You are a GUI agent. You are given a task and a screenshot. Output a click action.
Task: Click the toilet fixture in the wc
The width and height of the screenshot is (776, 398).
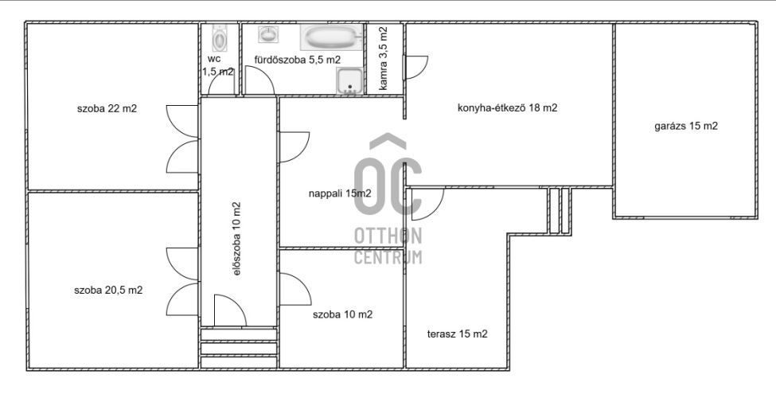click(x=219, y=38)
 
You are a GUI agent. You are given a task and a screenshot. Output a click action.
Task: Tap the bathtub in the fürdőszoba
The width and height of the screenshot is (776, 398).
click(x=331, y=37)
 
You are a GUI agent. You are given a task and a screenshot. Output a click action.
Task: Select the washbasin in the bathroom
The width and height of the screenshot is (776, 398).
click(x=268, y=34)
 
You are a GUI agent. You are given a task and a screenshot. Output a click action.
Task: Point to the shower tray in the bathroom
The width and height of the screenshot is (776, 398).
click(x=349, y=81)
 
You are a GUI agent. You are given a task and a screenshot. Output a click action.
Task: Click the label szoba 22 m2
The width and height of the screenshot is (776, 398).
click(x=107, y=109)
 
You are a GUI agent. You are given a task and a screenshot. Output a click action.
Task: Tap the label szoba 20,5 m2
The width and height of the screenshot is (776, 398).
click(x=108, y=290)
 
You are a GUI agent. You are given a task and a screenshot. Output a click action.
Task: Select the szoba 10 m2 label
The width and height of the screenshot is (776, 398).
click(x=342, y=314)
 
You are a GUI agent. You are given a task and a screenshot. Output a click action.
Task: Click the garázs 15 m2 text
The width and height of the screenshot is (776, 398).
click(x=686, y=126)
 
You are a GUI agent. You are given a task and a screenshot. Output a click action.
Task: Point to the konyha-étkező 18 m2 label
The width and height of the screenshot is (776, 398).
click(x=507, y=108)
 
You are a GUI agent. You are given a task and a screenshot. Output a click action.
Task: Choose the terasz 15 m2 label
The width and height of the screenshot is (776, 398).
click(x=458, y=334)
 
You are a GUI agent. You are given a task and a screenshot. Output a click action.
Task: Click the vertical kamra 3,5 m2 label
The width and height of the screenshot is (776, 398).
click(x=383, y=58)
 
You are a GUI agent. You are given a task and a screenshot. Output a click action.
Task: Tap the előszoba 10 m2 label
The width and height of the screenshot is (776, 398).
click(x=236, y=239)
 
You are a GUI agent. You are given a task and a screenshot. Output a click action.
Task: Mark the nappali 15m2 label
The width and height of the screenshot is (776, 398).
click(x=340, y=193)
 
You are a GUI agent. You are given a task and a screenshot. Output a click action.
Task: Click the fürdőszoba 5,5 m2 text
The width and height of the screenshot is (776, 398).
click(x=298, y=60)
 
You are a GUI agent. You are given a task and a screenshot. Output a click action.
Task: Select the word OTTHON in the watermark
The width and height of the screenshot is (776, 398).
click(x=388, y=236)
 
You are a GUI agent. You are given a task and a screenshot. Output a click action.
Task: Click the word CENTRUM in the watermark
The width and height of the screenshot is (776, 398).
click(x=388, y=257)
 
